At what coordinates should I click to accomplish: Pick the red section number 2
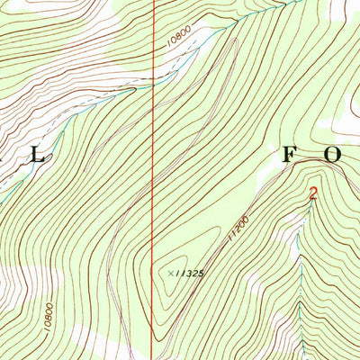[x=312, y=193]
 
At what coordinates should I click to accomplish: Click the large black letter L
[x=38, y=155]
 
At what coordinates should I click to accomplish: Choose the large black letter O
[x=332, y=154]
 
